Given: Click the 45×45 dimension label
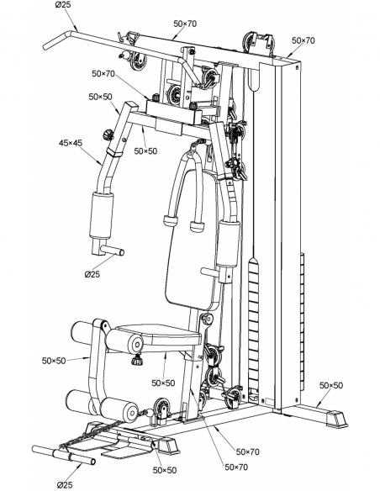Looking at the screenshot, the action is coord(71,143).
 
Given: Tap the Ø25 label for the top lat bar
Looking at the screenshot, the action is coord(63,5).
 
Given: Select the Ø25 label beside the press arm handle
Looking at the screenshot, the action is coord(92,274).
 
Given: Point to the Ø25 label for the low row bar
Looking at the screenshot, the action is coord(65,485).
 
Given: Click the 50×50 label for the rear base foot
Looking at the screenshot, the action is coord(331,385).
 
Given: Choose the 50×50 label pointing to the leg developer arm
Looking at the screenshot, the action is coord(54,361).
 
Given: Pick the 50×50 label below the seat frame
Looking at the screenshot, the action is coord(163,383).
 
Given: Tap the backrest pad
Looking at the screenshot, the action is coord(192,239).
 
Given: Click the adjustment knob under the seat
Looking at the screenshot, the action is coord(137,359).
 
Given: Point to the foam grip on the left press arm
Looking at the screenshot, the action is coord(101,216).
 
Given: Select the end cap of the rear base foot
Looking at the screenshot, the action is coord(337,419).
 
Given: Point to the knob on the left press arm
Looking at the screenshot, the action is coord(108,135).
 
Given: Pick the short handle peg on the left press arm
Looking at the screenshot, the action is coord(113,251).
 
